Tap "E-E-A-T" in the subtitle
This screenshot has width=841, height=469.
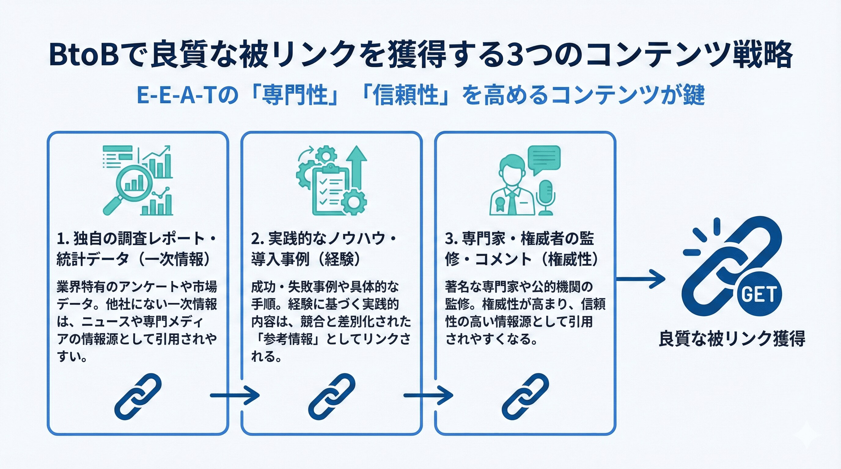[176, 95]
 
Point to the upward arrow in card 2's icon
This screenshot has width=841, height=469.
[357, 166]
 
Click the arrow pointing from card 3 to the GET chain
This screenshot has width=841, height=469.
[640, 279]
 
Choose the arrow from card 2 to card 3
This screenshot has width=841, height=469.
[428, 396]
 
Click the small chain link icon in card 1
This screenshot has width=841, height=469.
[138, 396]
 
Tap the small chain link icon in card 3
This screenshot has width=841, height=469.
[525, 396]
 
